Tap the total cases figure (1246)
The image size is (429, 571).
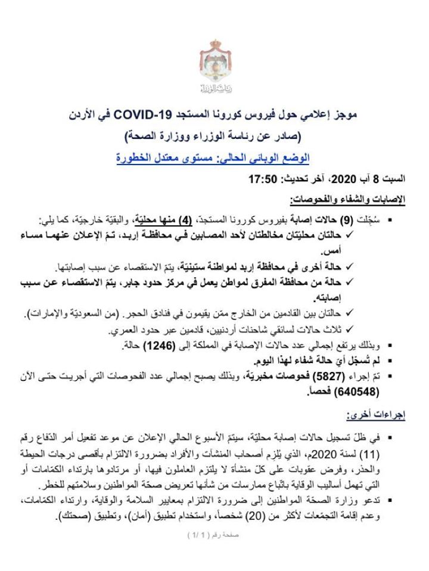(177, 345)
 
